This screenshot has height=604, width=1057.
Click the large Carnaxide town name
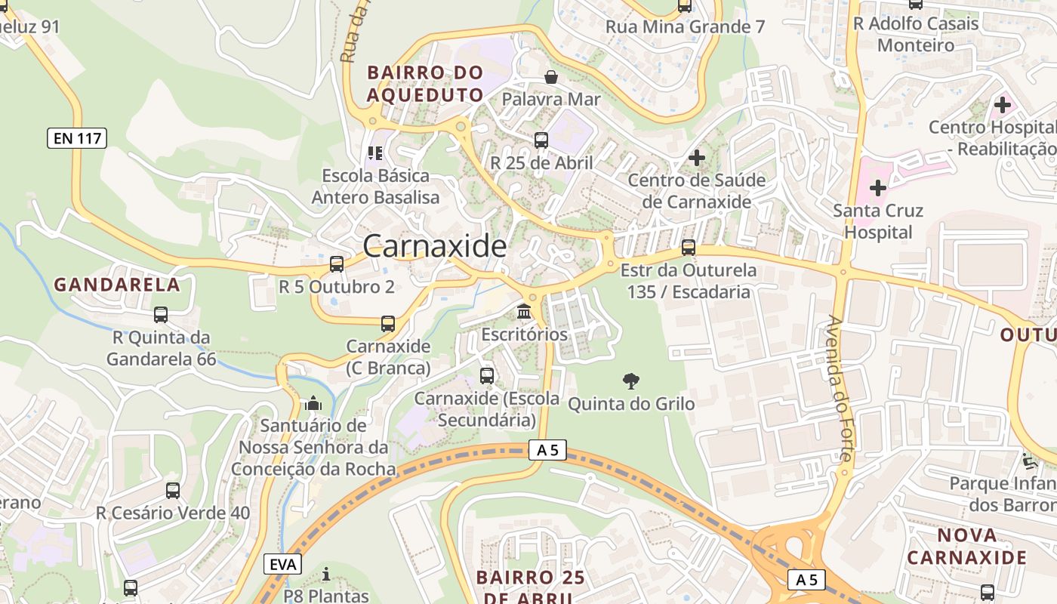pyautogui.click(x=435, y=246)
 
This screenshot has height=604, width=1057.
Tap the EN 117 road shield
pyautogui.click(x=77, y=138)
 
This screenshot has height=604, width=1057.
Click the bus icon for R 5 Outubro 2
pyautogui.click(x=337, y=264)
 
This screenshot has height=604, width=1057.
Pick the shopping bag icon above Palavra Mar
pyautogui.click(x=551, y=77)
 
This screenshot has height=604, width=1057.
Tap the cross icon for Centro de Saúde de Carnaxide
pyautogui.click(x=697, y=158)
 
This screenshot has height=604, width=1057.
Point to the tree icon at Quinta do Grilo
pyautogui.click(x=630, y=381)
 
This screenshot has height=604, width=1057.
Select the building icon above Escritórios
pyautogui.click(x=524, y=311)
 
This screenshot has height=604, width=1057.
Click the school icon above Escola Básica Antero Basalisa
pyautogui.click(x=375, y=153)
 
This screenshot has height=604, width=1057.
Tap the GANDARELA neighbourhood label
pyautogui.click(x=117, y=285)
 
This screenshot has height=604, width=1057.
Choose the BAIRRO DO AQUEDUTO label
pyautogui.click(x=425, y=84)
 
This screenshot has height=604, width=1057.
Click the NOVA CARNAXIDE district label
pyautogui.click(x=967, y=547)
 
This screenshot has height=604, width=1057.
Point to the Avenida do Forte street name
pyautogui.click(x=840, y=388)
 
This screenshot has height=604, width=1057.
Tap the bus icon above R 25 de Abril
pyautogui.click(x=541, y=140)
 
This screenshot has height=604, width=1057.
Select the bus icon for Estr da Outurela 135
pyautogui.click(x=689, y=247)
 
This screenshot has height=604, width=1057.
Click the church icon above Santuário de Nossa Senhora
pyautogui.click(x=313, y=403)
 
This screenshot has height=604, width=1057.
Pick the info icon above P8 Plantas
pyautogui.click(x=326, y=574)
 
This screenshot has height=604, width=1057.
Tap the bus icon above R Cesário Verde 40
pyautogui.click(x=173, y=491)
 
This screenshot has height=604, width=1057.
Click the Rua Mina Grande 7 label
pyautogui.click(x=685, y=27)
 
